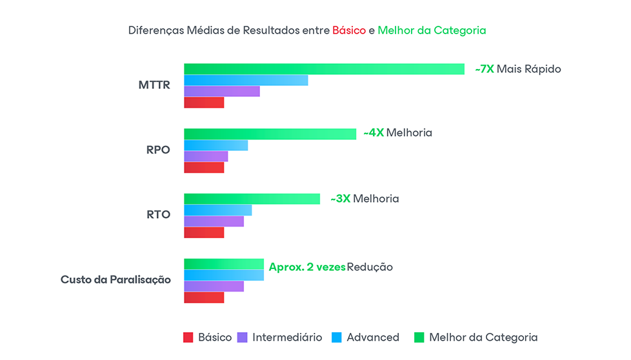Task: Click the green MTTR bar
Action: (x=324, y=69)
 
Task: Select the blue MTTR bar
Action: (x=246, y=80)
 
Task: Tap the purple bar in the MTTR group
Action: (x=221, y=92)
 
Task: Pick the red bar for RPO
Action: (x=204, y=168)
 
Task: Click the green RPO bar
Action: (x=270, y=134)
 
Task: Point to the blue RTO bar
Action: (x=217, y=210)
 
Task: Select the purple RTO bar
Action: (x=214, y=221)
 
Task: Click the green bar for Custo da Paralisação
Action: (x=224, y=264)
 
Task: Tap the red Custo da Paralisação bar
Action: (x=204, y=297)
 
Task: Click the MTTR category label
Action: (x=154, y=85)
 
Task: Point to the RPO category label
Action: (x=158, y=150)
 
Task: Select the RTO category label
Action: (x=158, y=215)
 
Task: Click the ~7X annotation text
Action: (x=484, y=69)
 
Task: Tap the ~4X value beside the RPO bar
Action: (x=374, y=133)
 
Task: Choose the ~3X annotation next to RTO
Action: (x=340, y=199)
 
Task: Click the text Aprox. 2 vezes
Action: (x=307, y=267)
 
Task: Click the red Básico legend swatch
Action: (x=188, y=337)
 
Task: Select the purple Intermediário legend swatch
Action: (x=243, y=337)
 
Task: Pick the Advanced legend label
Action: (x=373, y=337)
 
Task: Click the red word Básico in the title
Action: (x=349, y=30)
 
